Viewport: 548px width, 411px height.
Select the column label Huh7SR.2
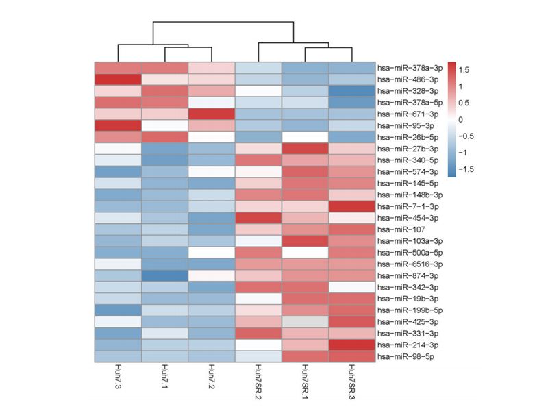click(258, 386)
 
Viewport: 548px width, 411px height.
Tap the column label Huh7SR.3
click(351, 386)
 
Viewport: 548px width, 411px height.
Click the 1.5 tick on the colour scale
click(464, 70)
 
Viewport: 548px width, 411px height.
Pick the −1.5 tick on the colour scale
click(465, 168)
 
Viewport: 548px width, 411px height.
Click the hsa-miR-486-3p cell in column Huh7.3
click(118, 79)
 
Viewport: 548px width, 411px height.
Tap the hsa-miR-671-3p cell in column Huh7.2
click(211, 114)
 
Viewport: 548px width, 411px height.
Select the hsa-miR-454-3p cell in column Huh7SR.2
click(258, 218)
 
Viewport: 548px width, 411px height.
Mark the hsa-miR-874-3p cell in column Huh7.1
click(164, 275)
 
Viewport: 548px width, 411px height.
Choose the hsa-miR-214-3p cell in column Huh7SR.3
click(351, 345)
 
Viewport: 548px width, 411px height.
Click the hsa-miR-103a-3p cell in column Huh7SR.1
click(304, 241)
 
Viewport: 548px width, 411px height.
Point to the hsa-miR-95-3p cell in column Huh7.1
click(164, 125)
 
